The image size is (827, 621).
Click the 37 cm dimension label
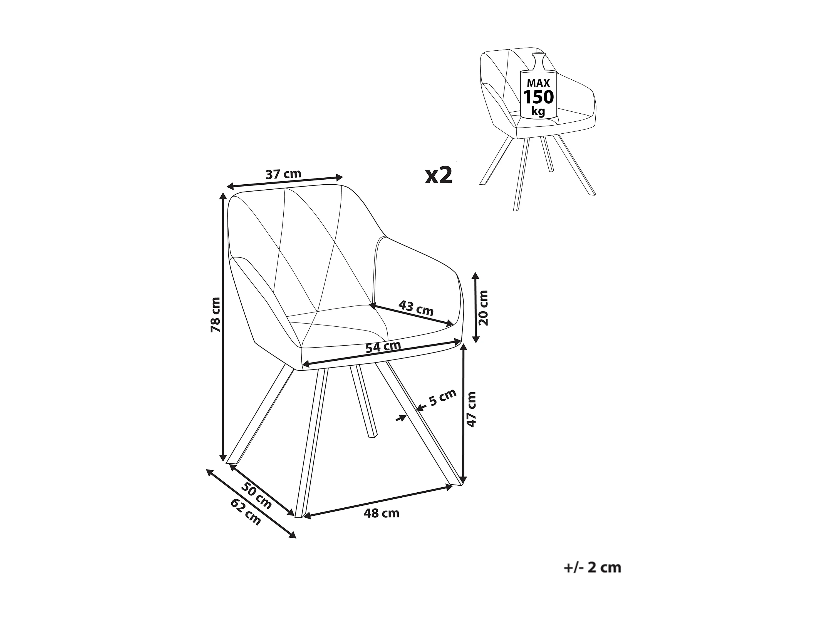pos(283,174)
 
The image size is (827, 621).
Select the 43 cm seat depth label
pos(416,308)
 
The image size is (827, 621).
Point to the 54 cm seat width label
pos(383,347)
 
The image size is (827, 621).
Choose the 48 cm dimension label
pos(381,513)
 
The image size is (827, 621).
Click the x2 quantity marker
pos(439,175)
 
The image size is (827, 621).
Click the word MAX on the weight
pos(538,83)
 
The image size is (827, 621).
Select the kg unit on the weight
pos(538,111)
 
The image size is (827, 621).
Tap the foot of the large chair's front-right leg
pos(457,484)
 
